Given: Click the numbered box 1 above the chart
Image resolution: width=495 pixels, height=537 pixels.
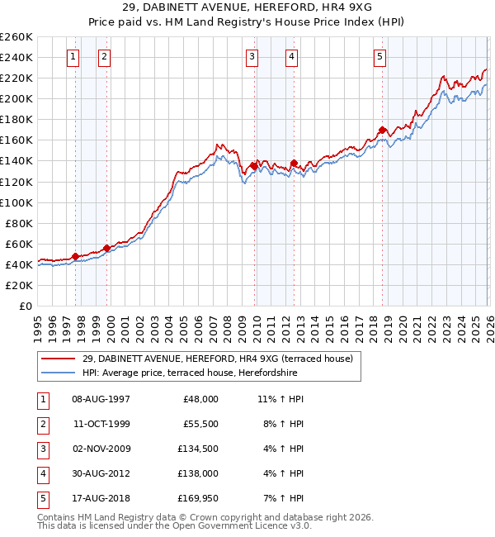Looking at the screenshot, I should click(x=73, y=57).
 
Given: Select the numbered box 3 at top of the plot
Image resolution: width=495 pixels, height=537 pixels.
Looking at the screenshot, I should click(x=252, y=57).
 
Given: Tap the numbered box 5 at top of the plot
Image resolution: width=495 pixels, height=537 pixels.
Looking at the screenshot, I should click(x=379, y=57).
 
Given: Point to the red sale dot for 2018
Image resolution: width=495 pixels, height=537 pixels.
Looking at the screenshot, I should click(x=383, y=130).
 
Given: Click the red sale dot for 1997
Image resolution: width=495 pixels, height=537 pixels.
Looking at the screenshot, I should click(x=75, y=256).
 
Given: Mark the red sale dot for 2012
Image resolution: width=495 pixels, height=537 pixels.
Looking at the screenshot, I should click(x=295, y=163).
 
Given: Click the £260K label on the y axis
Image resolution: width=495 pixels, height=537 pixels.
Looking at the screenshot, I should click(x=16, y=37).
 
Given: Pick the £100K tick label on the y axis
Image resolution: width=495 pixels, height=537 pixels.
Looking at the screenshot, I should click(x=16, y=202).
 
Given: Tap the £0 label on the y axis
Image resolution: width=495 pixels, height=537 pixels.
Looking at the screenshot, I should click(x=24, y=306).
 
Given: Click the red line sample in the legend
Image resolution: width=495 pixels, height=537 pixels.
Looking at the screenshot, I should click(x=59, y=359).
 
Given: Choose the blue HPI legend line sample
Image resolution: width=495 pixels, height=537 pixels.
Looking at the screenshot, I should click(x=59, y=373).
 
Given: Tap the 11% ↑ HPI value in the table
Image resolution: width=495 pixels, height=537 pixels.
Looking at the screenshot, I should click(x=280, y=399).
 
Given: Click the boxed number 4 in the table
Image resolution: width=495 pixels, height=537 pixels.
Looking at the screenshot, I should click(x=41, y=473).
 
